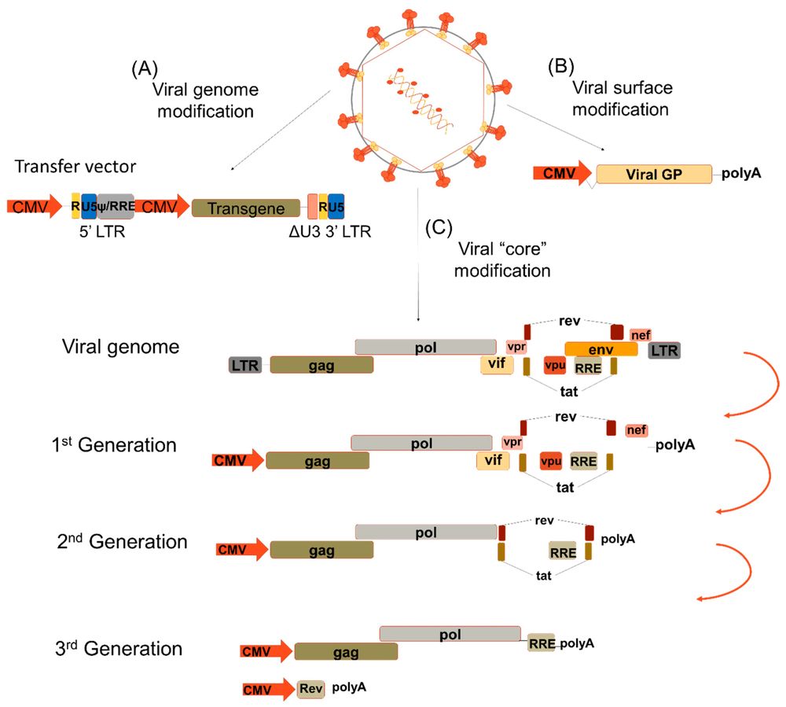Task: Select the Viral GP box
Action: coord(654,175)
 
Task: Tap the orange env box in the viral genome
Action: coord(601,348)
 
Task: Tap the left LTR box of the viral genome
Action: coord(245,365)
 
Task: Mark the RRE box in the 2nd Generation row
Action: coord(564,551)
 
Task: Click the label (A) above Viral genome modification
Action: coord(144,68)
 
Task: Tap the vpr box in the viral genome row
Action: coord(516,348)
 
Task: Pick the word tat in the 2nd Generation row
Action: coord(542,575)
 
